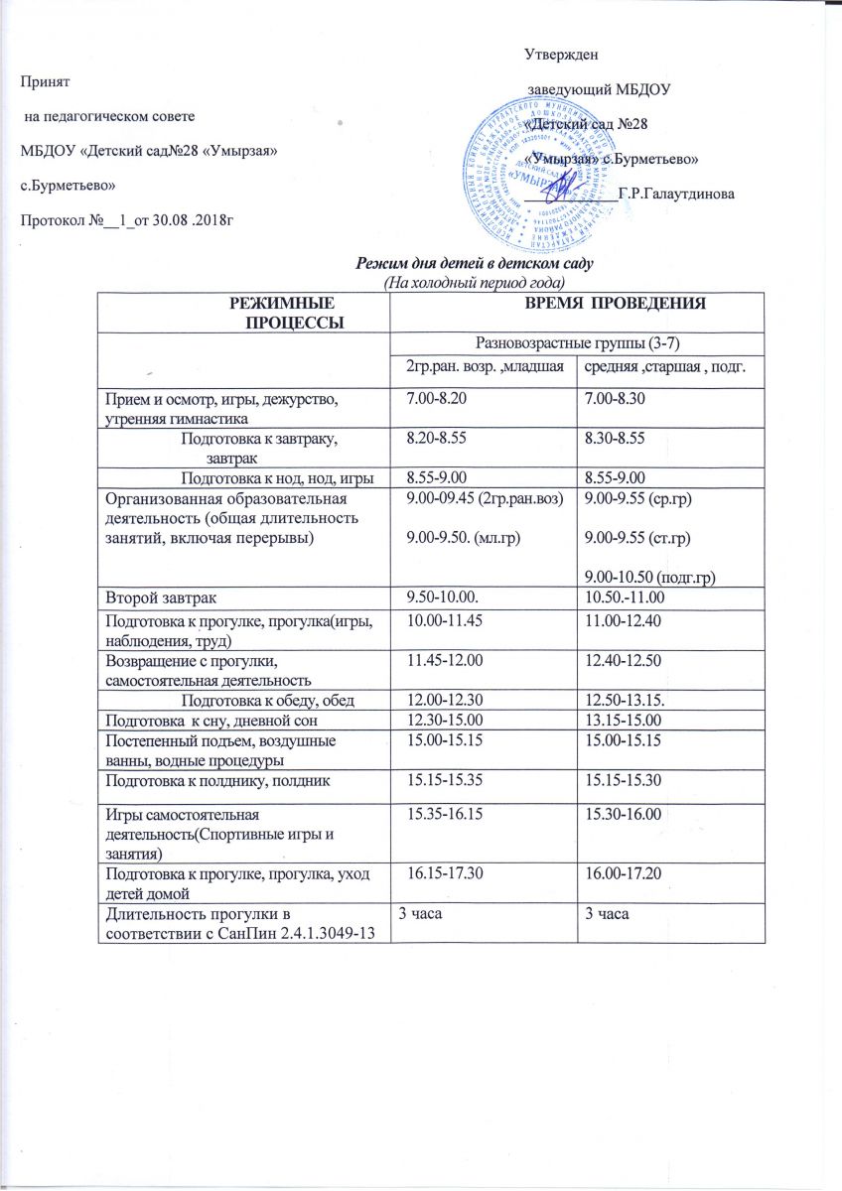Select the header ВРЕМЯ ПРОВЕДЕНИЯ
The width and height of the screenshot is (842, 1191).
tap(577, 303)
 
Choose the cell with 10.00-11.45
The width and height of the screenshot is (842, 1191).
tap(444, 619)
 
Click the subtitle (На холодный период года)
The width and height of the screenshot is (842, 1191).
tap(475, 282)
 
